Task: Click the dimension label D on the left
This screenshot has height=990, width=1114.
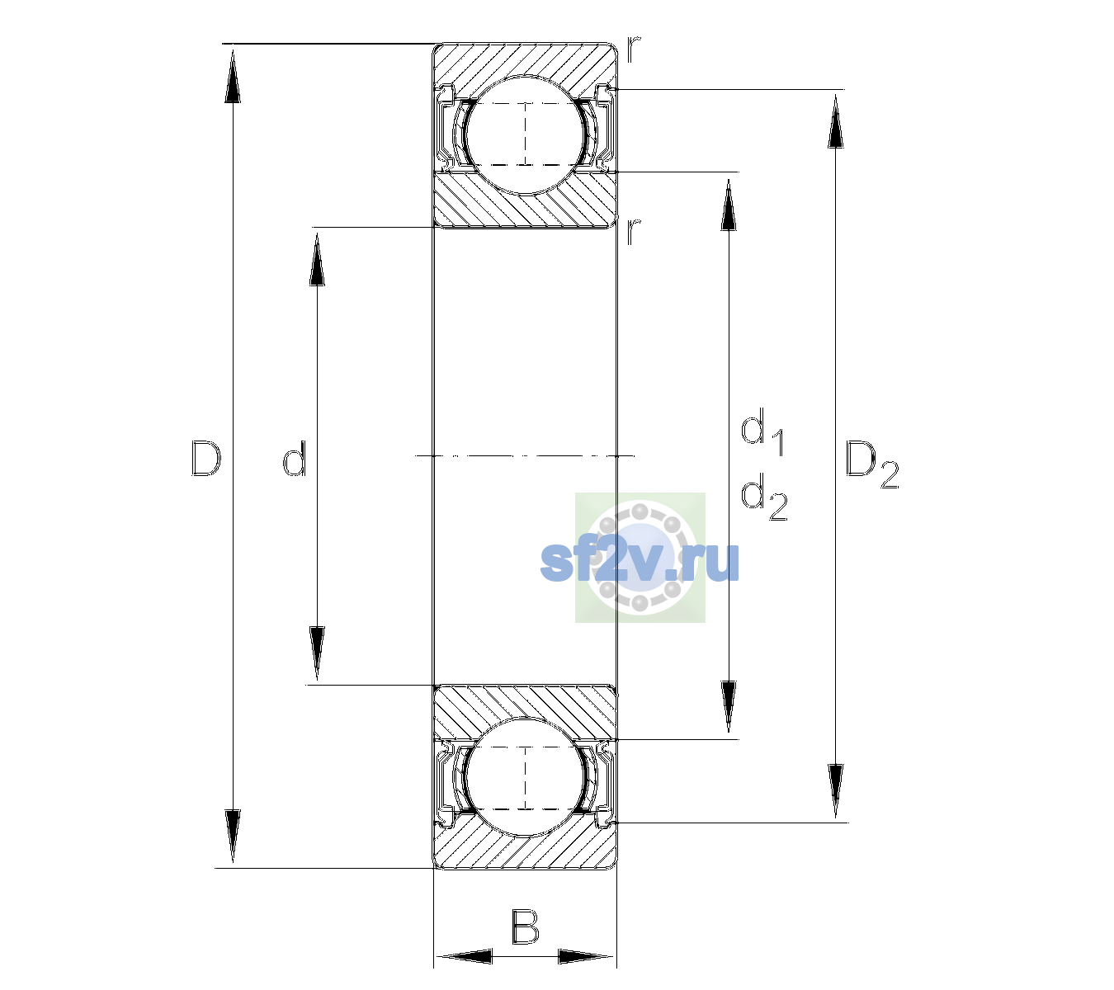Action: [205, 458]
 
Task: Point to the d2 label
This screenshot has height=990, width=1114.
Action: [764, 497]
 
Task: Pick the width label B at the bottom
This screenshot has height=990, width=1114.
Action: [525, 926]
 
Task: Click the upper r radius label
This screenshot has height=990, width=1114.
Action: [634, 49]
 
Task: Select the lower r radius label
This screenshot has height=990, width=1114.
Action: [634, 231]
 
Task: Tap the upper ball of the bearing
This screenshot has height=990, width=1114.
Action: [525, 134]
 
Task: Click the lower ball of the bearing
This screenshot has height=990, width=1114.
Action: [525, 778]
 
